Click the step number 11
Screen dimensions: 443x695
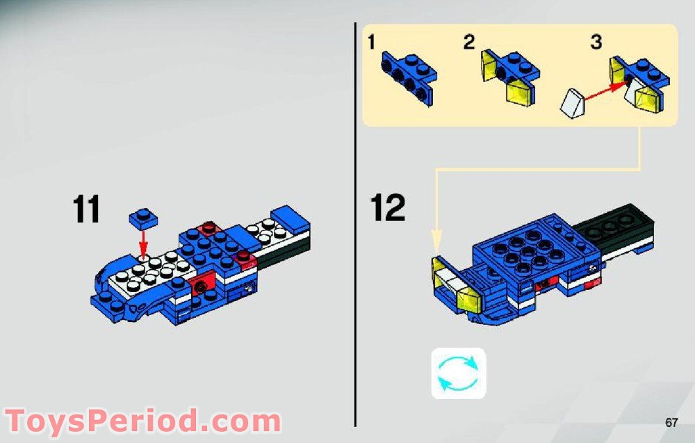click(x=87, y=209)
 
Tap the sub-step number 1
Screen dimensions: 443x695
click(x=372, y=43)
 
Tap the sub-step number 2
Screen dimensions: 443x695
click(x=470, y=42)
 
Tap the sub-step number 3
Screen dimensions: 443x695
click(x=596, y=42)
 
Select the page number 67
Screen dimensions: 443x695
click(x=671, y=422)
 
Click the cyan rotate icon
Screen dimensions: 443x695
click(x=459, y=373)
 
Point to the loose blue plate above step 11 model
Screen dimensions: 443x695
click(x=143, y=218)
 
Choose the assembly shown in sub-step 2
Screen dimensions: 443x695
click(x=511, y=76)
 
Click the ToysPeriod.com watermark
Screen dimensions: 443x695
click(x=142, y=421)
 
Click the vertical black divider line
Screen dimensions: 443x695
click(x=356, y=223)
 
